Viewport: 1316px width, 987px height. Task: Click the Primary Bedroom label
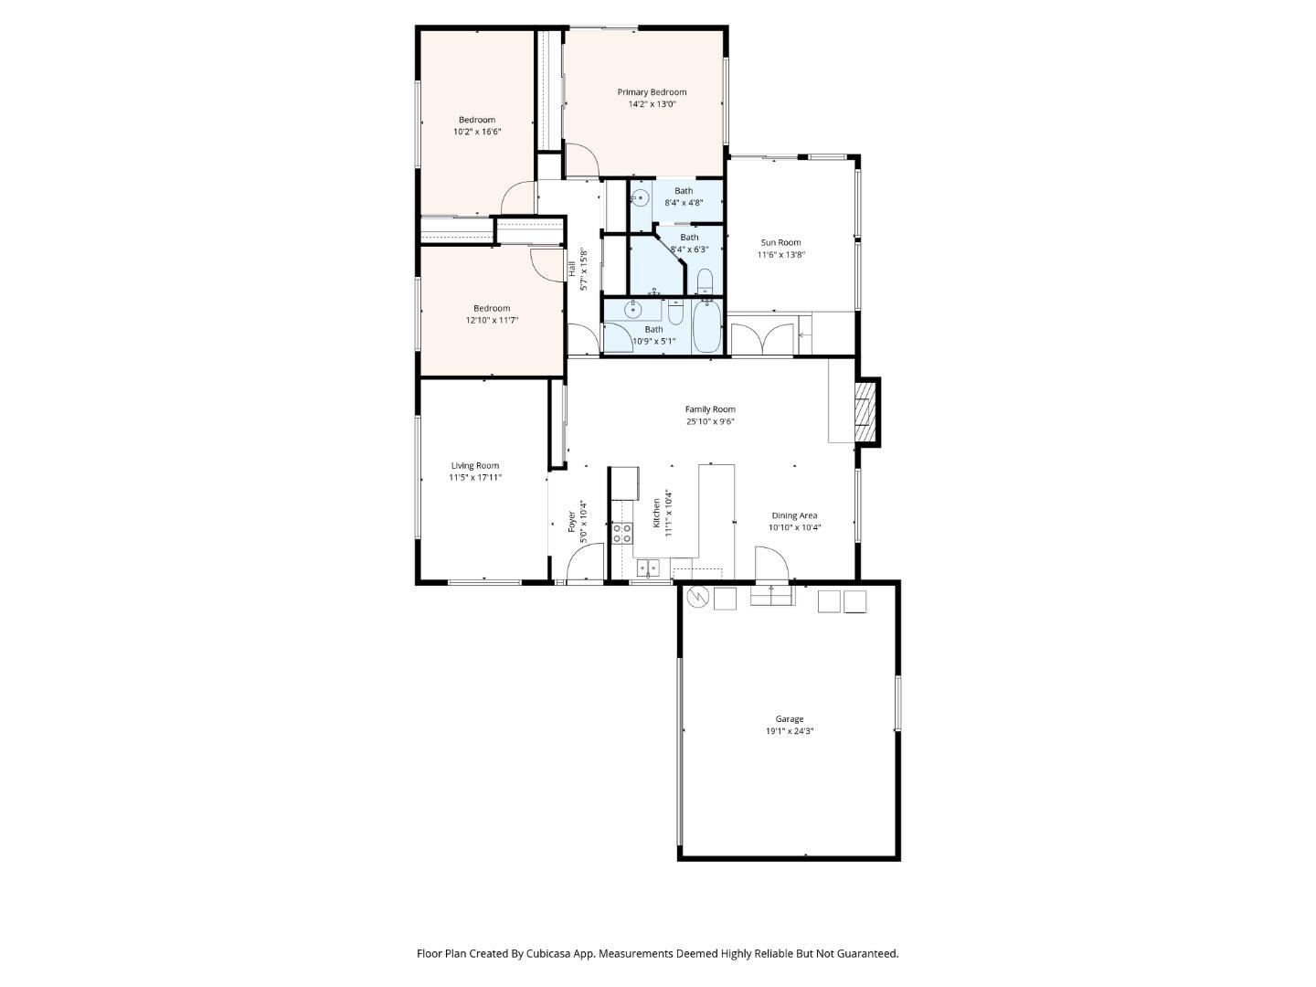coord(652,92)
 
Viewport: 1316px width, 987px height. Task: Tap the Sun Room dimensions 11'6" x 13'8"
coord(780,255)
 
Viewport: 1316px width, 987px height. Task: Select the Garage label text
coord(790,719)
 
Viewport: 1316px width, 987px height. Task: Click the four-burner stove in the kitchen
coord(622,533)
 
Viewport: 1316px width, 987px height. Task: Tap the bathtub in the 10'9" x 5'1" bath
coord(707,327)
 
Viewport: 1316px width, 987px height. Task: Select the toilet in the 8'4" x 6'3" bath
coord(705,281)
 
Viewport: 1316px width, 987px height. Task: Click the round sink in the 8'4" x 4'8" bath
coord(640,198)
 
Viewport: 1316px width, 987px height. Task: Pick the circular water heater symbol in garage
coord(697,597)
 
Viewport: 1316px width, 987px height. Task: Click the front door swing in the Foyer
coord(584,562)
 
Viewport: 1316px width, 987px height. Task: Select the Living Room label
coord(475,465)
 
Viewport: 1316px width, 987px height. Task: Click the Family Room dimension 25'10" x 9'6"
coord(710,421)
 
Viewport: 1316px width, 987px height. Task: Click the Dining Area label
coord(794,515)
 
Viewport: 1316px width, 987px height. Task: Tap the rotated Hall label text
coord(572,269)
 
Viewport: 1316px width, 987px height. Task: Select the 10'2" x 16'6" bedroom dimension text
coord(477,132)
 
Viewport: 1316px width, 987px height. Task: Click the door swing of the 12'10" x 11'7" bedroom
coord(547,266)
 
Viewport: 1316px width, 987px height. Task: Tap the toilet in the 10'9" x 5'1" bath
coord(675,313)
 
